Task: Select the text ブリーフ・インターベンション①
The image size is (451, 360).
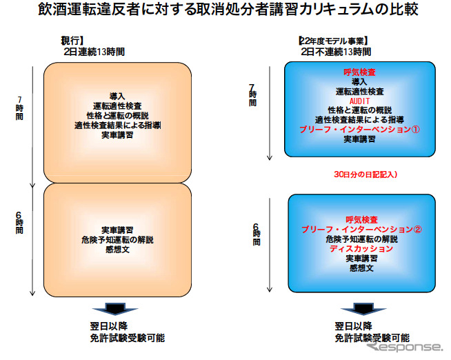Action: (x=359, y=129)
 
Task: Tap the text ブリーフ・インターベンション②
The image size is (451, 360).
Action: (x=361, y=229)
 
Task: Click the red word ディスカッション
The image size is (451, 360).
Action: (x=361, y=248)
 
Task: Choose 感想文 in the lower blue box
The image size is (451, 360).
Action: (x=361, y=268)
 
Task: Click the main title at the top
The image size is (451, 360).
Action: (x=226, y=12)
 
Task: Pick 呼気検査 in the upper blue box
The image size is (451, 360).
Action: (x=359, y=72)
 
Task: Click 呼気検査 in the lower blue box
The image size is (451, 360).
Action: (x=361, y=219)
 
